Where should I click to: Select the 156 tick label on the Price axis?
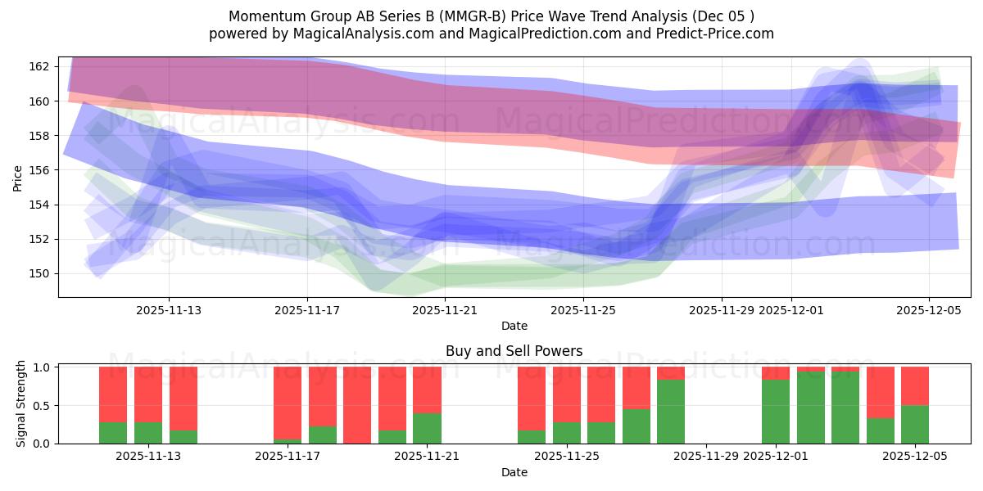[42, 170]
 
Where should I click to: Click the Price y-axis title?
[18, 178]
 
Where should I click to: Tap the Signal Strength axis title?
[21, 404]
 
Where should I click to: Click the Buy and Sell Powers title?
[514, 351]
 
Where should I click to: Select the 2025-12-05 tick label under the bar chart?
[915, 456]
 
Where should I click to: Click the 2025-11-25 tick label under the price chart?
[583, 310]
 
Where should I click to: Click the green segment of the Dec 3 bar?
[845, 408]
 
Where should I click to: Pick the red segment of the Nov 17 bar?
[288, 401]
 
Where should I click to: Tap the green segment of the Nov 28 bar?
[671, 412]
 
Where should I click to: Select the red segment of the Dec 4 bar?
[880, 392]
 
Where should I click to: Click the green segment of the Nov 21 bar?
[427, 428]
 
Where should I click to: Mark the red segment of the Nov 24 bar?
[532, 398]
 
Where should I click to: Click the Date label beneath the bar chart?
[514, 472]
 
